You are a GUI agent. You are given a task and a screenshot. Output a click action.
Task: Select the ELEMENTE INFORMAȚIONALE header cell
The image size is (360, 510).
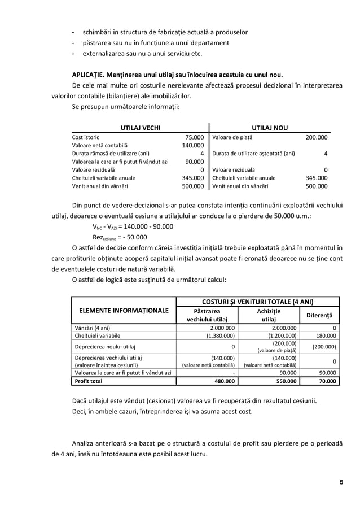click(124, 311)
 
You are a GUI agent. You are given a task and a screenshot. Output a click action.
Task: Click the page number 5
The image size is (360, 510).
click(341, 481)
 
